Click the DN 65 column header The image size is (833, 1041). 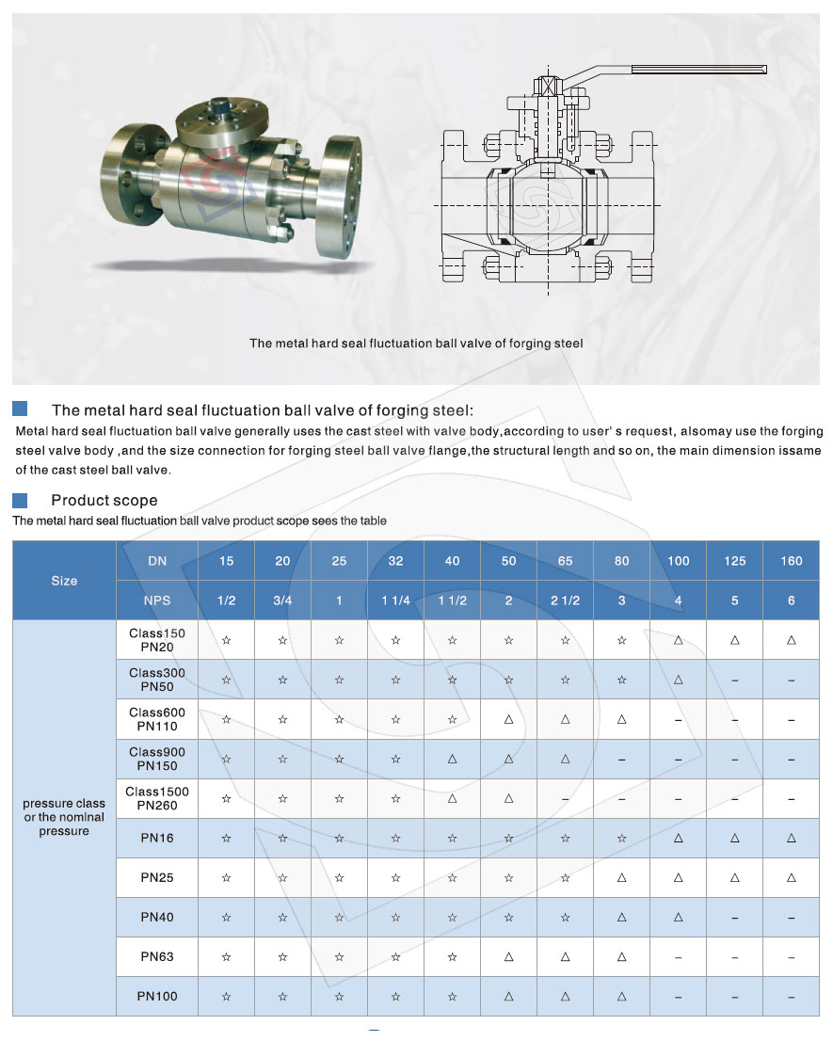coord(565,561)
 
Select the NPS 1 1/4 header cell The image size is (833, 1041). coord(395,601)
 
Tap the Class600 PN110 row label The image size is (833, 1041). coord(157,719)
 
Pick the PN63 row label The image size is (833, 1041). coord(157,956)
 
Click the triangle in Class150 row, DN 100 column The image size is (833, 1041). coord(678,640)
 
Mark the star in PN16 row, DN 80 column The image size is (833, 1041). coord(621,838)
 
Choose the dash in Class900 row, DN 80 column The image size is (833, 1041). coord(621,759)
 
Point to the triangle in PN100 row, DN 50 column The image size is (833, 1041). coord(508,996)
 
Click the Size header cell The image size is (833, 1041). coord(64,581)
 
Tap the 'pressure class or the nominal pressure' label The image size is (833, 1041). coord(64,817)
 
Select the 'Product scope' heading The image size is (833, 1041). coord(104,500)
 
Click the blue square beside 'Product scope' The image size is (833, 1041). coord(20,499)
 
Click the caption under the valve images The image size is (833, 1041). coord(415,344)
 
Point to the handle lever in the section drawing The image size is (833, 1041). coord(697,69)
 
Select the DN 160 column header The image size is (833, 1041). coord(791,561)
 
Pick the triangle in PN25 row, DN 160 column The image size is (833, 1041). coord(791,877)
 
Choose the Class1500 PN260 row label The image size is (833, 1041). coord(157,798)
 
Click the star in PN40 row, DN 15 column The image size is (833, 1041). coord(226,917)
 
